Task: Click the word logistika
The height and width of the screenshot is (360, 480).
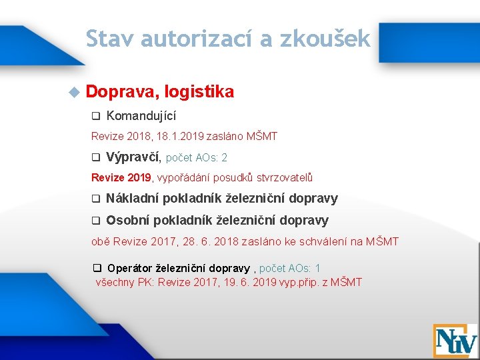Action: (199, 92)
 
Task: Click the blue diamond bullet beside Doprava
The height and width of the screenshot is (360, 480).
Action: (74, 91)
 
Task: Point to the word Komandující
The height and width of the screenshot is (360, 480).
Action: (141, 116)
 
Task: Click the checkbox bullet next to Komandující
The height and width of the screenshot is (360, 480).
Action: (95, 116)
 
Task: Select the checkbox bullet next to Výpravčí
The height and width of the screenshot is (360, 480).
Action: (95, 158)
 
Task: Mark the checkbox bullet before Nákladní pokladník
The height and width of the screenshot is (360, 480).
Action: (95, 199)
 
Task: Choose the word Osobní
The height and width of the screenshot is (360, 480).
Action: (127, 220)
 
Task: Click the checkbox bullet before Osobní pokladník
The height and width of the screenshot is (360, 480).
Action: (95, 221)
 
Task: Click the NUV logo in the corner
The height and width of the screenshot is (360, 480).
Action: (455, 340)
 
